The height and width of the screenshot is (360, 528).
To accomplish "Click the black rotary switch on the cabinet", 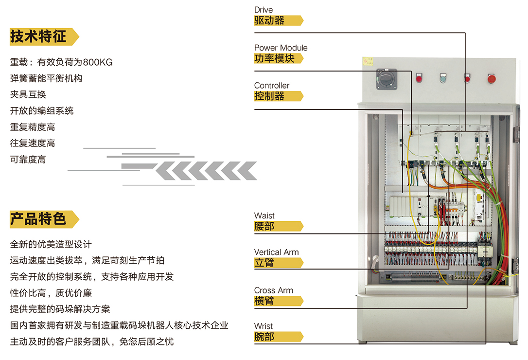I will coord(387,79).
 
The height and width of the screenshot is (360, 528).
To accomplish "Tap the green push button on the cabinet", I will coord(442,78).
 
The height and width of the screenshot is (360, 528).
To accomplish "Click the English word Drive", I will coord(264,10).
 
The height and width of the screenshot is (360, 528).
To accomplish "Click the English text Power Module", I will coord(281,48).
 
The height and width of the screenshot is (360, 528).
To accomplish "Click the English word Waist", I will coord(264,216).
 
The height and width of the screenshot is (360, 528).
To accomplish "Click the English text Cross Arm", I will coord(274,290).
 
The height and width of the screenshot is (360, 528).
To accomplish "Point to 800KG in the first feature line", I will coord(98,62).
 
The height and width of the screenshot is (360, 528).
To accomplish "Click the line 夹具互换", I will coord(28,94).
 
